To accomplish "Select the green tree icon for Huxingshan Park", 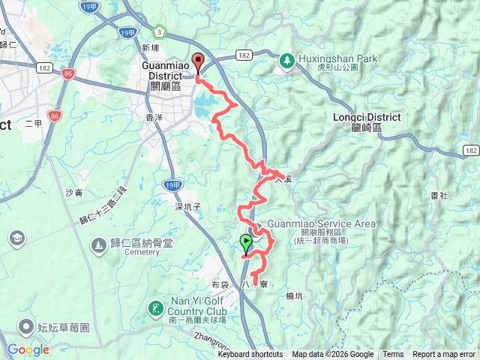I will (x=286, y=60).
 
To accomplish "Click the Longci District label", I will (x=367, y=122).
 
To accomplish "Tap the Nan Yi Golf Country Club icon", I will (x=155, y=307).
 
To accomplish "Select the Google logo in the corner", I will (x=28, y=349).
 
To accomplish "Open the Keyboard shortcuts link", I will (x=250, y=355).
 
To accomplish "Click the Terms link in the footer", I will (x=393, y=355).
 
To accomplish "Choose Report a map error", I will (x=444, y=355).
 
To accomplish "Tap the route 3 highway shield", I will (x=158, y=31).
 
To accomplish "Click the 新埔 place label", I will (x=150, y=47).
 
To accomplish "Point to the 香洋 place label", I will (x=154, y=118).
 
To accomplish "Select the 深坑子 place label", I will (x=189, y=206).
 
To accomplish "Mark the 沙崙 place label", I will (x=73, y=193).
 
